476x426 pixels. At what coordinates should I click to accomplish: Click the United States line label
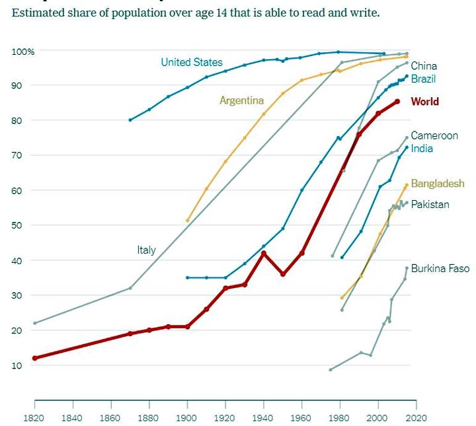pyautogui.click(x=192, y=62)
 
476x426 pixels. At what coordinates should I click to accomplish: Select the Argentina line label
pyautogui.click(x=241, y=100)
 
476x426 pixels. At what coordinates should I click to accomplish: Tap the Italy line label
pyautogui.click(x=146, y=250)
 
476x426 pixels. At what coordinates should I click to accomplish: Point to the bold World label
pyautogui.click(x=424, y=102)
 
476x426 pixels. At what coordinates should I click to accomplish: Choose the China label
pyautogui.click(x=424, y=66)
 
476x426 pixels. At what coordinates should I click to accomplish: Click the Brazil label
pyautogui.click(x=423, y=79)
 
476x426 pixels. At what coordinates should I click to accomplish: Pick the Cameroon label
pyautogui.click(x=434, y=135)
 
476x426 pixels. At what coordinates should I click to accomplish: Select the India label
pyautogui.click(x=422, y=149)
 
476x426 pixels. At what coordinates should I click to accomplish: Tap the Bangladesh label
pyautogui.click(x=438, y=184)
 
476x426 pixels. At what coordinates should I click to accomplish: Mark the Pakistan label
pyautogui.click(x=430, y=205)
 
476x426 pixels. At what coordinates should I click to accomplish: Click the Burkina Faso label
pyautogui.click(x=440, y=269)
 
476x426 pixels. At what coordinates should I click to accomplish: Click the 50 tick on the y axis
pyautogui.click(x=17, y=225)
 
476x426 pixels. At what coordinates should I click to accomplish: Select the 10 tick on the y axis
pyautogui.click(x=17, y=365)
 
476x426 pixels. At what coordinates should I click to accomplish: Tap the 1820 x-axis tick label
pyautogui.click(x=34, y=418)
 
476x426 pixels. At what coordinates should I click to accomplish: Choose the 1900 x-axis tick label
pyautogui.click(x=187, y=418)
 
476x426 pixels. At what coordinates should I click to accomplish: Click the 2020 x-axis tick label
pyautogui.click(x=416, y=418)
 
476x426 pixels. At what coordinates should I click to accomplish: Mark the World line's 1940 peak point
pyautogui.click(x=264, y=253)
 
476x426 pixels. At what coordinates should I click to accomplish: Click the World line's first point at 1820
pyautogui.click(x=34, y=358)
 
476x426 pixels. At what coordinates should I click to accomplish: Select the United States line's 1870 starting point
pyautogui.click(x=130, y=120)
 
